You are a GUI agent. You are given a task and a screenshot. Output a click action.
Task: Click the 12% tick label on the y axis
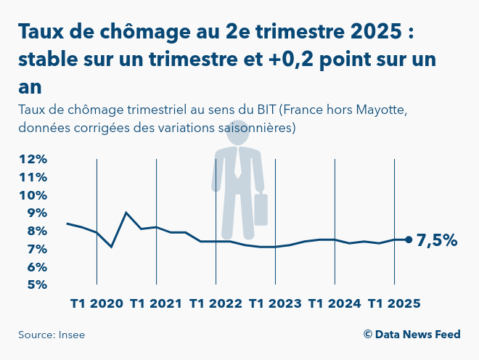33,159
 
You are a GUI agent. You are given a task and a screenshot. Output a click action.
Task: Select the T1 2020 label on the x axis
97,303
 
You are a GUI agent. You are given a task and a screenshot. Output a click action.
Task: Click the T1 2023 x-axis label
275,303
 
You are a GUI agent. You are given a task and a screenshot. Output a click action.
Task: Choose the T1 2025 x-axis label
394,303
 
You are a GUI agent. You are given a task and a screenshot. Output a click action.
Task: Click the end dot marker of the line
409,240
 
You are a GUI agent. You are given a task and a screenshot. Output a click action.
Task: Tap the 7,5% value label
437,240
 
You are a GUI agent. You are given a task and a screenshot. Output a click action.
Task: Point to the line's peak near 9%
127,213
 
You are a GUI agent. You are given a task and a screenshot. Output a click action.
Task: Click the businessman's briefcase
261,209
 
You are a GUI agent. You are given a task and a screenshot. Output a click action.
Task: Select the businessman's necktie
238,164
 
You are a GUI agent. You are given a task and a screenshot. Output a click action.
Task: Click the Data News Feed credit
412,335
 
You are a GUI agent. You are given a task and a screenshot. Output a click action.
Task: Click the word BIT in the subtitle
266,110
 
